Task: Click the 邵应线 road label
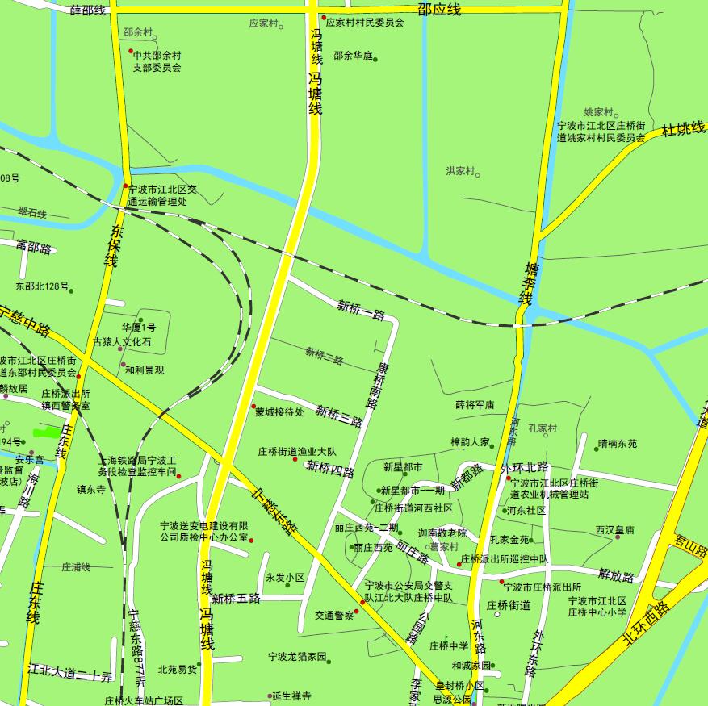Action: [x=439, y=10]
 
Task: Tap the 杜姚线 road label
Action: [x=683, y=129]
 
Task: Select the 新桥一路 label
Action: [x=361, y=309]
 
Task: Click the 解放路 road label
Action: [x=616, y=575]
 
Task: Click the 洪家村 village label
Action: [x=461, y=171]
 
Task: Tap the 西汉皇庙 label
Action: [x=614, y=530]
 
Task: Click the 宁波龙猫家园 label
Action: [x=296, y=657]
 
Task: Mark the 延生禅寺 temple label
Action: [x=291, y=696]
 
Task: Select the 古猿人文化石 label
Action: [x=122, y=342]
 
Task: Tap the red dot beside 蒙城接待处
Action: [x=253, y=406]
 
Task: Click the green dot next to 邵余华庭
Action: [x=375, y=59]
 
